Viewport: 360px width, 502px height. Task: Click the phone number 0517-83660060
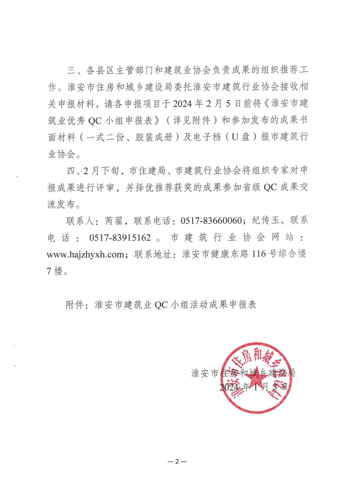pyautogui.click(x=210, y=221)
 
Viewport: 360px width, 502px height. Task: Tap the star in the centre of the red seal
pyautogui.click(x=256, y=383)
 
